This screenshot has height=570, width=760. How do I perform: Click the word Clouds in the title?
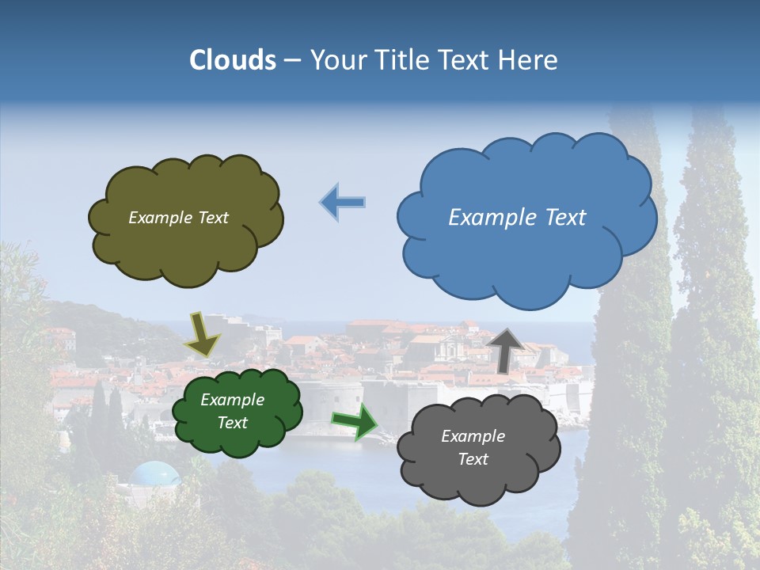click(x=233, y=60)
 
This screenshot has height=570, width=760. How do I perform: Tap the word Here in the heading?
click(x=530, y=60)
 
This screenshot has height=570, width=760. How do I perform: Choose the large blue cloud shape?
click(x=526, y=257)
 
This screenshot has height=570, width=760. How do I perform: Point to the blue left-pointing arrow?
click(x=342, y=203)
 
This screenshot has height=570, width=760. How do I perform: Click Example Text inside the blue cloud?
click(x=517, y=218)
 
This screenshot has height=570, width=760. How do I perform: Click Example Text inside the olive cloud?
click(x=178, y=218)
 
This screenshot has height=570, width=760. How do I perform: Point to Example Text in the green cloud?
click(x=232, y=411)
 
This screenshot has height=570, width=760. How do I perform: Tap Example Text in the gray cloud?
click(x=473, y=447)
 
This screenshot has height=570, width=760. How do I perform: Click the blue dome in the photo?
click(x=154, y=474)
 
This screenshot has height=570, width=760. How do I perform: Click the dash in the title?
click(x=292, y=60)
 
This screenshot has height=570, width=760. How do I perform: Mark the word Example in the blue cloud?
click(x=484, y=218)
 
